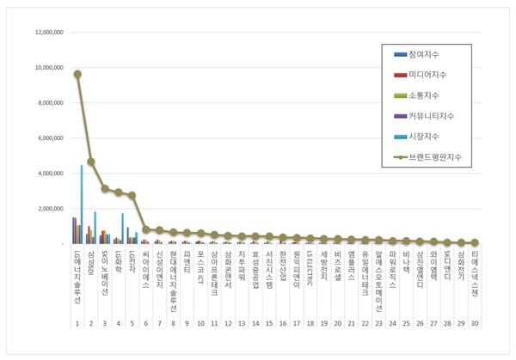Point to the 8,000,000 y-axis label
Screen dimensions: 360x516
48,102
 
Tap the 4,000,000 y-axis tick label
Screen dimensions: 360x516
48,173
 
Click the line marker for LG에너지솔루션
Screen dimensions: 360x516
77,74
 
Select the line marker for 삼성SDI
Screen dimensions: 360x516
91,162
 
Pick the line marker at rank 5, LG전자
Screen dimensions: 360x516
132,195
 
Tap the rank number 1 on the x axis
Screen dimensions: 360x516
77,325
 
